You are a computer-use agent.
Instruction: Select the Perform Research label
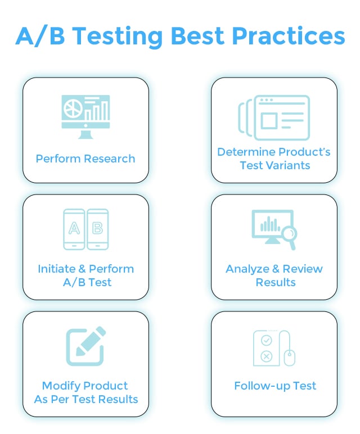[85, 159]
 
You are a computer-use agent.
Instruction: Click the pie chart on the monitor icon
[72, 108]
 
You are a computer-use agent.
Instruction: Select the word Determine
[244, 152]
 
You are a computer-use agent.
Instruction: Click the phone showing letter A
[74, 229]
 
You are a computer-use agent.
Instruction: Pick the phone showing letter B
[97, 229]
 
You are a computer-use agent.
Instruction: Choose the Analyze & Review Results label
[274, 275]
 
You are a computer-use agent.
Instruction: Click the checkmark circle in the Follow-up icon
[267, 340]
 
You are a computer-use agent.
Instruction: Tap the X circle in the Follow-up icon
[267, 356]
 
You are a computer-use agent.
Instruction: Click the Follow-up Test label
[275, 386]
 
